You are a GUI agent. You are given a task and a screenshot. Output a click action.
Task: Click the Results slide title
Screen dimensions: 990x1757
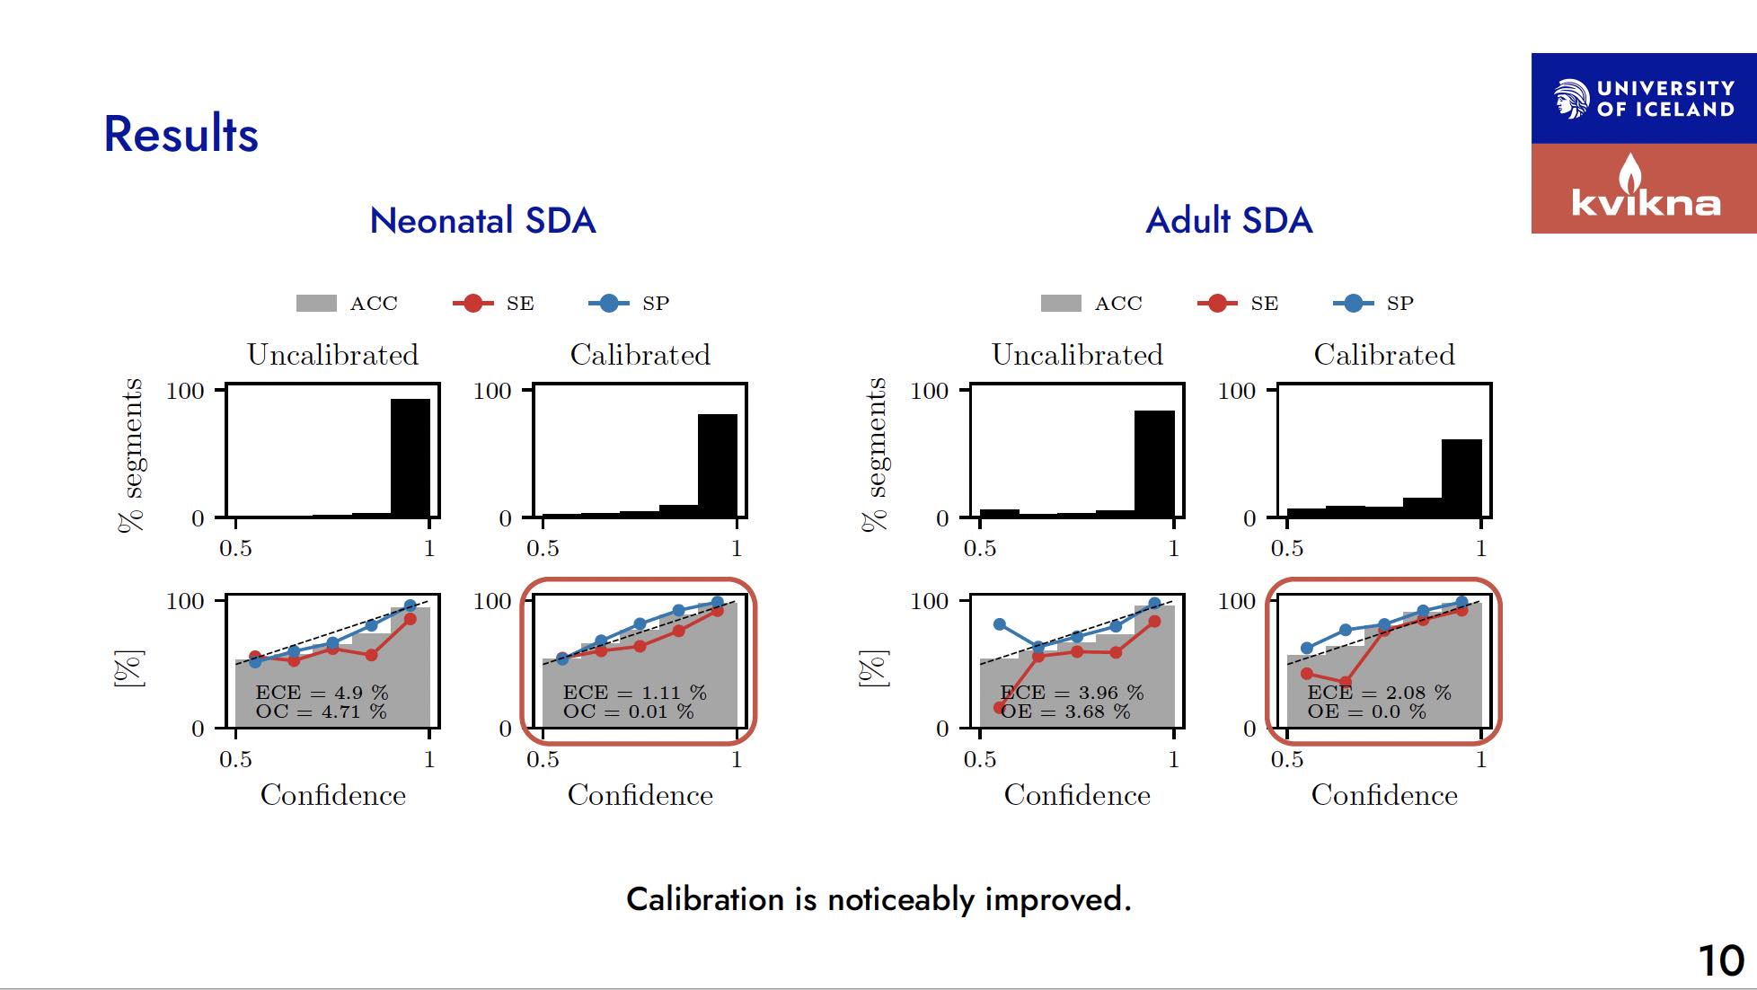(x=181, y=135)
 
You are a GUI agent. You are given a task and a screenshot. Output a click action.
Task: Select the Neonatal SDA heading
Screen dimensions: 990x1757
(x=482, y=221)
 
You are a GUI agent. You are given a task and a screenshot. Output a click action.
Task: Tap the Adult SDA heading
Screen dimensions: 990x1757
(x=1229, y=221)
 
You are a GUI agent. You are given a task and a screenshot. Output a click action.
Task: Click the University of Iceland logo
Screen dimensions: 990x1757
(x=1643, y=99)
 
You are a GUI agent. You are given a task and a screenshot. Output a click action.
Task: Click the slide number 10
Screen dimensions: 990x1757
(x=1720, y=960)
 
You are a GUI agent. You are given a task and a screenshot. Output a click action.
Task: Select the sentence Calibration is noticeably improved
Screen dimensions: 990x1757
(x=878, y=899)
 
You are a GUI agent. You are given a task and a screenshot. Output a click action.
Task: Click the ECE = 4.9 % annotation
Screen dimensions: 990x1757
(x=322, y=693)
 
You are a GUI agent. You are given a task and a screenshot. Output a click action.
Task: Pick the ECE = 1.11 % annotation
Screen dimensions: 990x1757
(x=634, y=693)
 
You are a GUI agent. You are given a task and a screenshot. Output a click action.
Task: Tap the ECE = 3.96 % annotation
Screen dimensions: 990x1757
(x=1072, y=693)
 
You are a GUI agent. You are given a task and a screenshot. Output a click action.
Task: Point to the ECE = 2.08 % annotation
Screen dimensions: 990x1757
(x=1379, y=693)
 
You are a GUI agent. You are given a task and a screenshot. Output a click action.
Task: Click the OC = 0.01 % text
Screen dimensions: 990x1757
(x=628, y=712)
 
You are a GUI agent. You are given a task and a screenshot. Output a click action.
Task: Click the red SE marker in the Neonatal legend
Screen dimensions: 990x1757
(x=472, y=304)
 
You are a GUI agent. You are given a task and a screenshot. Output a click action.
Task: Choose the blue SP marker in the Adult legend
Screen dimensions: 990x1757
(x=1353, y=304)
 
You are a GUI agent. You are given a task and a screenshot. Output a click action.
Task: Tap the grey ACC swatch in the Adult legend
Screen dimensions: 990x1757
(x=1061, y=304)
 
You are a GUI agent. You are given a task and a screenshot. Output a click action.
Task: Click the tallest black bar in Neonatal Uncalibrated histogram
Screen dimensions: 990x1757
(x=411, y=458)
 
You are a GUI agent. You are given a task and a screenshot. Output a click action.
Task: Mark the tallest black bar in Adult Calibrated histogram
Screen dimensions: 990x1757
(x=1461, y=479)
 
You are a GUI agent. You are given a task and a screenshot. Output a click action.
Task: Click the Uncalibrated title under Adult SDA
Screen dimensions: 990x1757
(x=1077, y=355)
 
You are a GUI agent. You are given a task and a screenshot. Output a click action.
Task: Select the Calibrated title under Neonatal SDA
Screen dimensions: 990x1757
(x=640, y=355)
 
